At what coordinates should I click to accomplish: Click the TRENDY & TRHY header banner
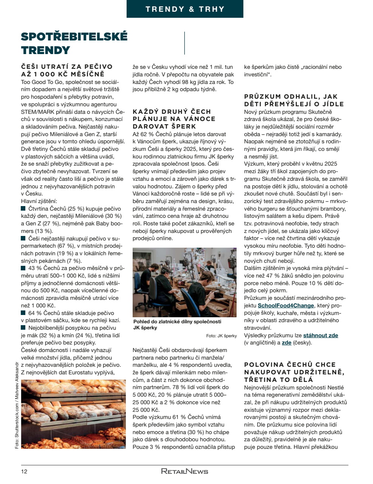coord(185,9)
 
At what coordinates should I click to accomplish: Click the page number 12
coord(24,471)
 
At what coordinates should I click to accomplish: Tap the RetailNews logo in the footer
coord(184,471)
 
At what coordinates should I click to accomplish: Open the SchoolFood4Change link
coord(286,306)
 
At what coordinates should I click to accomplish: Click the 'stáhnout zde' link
coord(320,335)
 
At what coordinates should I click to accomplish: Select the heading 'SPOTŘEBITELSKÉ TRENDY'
coord(74,43)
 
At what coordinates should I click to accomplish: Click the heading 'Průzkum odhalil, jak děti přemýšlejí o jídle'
coord(294,100)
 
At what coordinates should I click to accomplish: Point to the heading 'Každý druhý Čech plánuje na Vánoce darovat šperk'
coord(174,119)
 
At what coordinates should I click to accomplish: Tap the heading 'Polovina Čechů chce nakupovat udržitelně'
coord(294,372)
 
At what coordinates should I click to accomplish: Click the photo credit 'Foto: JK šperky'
coord(221,336)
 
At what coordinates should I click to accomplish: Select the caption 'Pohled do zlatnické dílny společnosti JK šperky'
coord(177,324)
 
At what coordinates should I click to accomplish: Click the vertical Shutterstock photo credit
coord(17,405)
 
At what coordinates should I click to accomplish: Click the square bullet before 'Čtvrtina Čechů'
coord(23,209)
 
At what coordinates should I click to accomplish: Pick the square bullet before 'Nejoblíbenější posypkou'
coord(23,328)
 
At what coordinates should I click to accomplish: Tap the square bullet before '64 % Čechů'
coord(23,313)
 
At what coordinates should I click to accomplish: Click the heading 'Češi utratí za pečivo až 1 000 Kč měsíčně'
coord(67,70)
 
